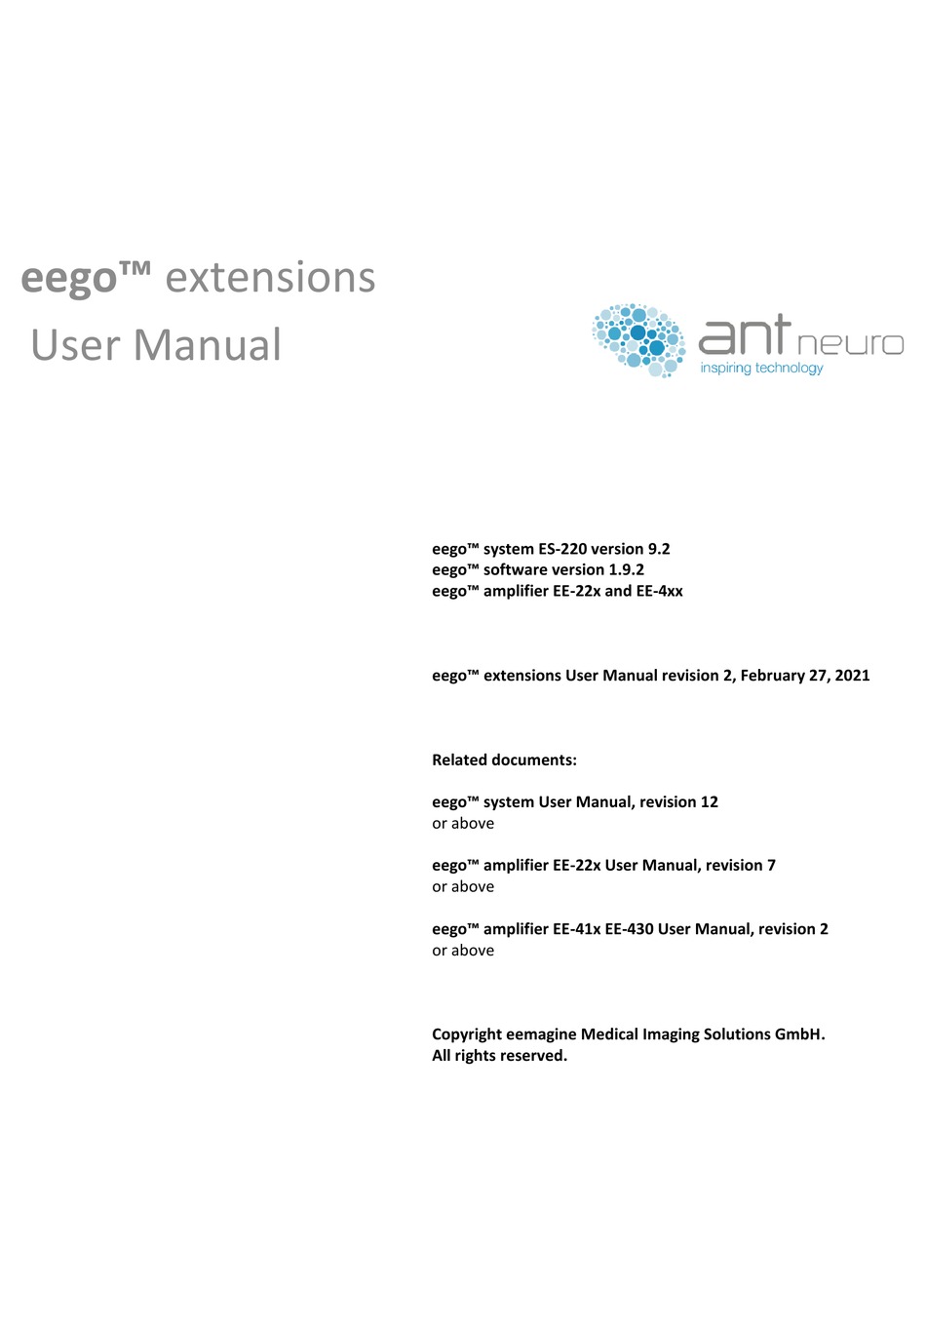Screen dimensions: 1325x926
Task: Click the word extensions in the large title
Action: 270,278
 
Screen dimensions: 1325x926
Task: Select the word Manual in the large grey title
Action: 208,345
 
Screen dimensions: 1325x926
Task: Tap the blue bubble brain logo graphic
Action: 638,339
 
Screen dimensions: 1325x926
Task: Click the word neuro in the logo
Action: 850,343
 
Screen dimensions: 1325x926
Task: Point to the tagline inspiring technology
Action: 761,368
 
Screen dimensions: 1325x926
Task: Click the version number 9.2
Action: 659,549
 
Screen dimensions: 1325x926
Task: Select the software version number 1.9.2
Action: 626,569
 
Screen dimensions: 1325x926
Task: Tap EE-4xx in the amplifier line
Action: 660,591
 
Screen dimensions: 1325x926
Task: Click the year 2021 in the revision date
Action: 852,675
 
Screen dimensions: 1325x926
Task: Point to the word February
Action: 774,675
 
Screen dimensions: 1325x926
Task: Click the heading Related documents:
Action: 504,760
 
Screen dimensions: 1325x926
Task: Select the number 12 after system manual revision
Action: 709,801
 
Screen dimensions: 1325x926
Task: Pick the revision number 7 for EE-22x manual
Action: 771,865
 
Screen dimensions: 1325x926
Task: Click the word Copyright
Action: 467,1034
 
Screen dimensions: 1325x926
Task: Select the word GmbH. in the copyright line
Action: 799,1034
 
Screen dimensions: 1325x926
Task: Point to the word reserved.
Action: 533,1056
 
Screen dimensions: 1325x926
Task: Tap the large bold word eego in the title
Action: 69,279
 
